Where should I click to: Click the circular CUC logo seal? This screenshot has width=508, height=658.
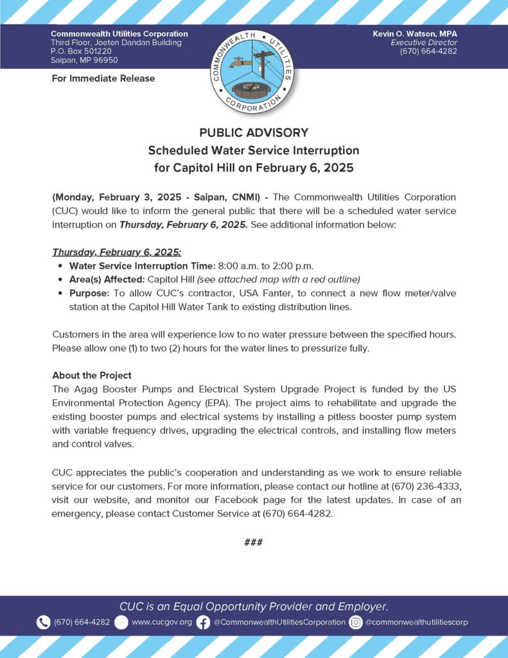(x=253, y=69)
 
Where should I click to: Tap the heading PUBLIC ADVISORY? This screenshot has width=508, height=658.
(x=254, y=133)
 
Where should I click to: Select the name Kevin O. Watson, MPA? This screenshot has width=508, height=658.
(x=415, y=33)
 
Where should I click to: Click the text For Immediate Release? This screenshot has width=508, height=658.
(x=103, y=78)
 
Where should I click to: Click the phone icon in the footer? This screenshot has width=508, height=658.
(x=43, y=622)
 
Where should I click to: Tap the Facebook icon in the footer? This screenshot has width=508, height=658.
(x=203, y=622)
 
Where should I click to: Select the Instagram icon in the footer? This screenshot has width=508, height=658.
(x=355, y=622)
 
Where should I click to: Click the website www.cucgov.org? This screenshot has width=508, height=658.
(x=162, y=622)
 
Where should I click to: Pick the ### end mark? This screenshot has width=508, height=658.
(x=254, y=542)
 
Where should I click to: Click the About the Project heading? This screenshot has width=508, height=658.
(x=92, y=375)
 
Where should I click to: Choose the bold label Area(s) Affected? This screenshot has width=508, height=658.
(x=107, y=279)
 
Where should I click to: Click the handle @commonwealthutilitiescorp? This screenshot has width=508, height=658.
(x=417, y=622)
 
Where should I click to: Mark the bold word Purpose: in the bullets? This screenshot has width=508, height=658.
(x=89, y=292)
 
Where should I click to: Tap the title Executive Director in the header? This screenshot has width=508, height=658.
(x=428, y=42)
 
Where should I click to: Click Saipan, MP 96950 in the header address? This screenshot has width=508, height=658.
(x=85, y=60)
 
